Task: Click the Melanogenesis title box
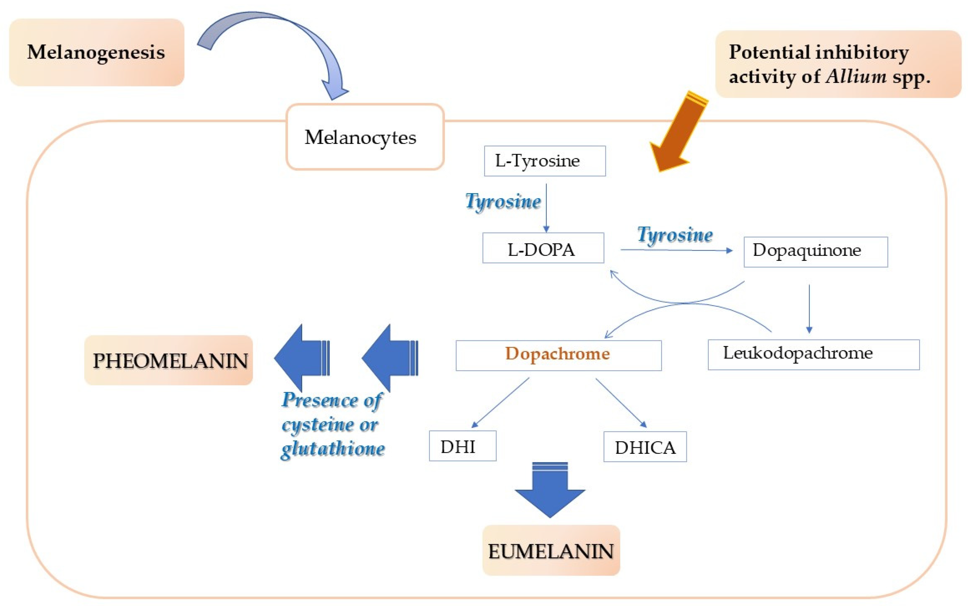[x=97, y=52]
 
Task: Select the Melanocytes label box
[x=365, y=137]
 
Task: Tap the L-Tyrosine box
[x=545, y=161]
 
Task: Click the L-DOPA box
[x=543, y=248]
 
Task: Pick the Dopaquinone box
[x=816, y=252]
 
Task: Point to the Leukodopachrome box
[x=814, y=354]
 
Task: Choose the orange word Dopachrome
[x=558, y=353]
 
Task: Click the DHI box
[x=463, y=446]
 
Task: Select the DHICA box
[x=645, y=447]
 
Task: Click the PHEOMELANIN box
[x=169, y=360]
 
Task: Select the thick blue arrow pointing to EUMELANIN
[x=550, y=490]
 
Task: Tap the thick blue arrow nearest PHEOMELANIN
[x=302, y=358]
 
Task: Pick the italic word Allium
[x=856, y=76]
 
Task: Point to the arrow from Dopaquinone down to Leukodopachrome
[x=809, y=309]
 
